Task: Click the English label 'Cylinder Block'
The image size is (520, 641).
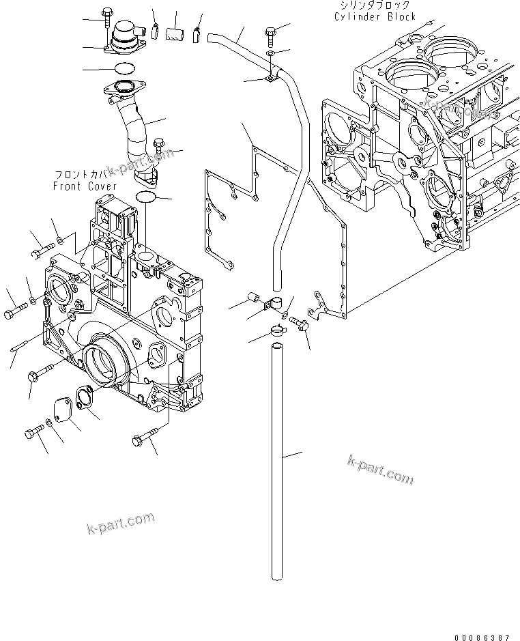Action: tap(375, 17)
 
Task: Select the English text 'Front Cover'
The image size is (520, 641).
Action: tap(85, 186)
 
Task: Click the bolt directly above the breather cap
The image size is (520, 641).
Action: tap(109, 16)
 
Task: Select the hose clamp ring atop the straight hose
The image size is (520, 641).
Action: tap(280, 332)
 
